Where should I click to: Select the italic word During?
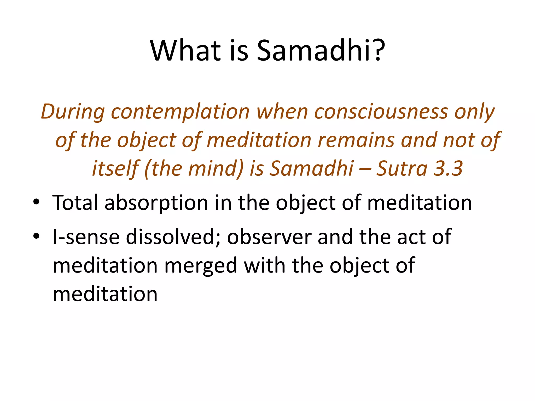73,112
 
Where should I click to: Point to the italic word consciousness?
381,112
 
